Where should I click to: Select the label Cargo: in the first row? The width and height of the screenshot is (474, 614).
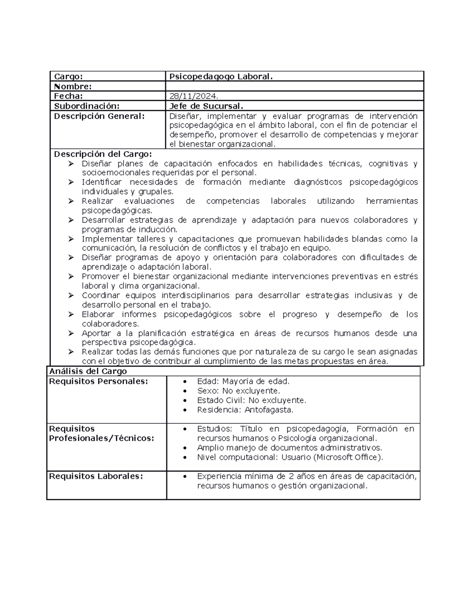click(68, 77)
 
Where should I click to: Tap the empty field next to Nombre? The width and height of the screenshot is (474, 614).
click(294, 86)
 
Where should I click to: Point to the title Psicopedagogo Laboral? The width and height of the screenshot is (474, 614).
click(221, 77)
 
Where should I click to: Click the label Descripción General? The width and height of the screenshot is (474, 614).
click(99, 116)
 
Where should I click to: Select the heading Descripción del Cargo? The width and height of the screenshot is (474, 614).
click(103, 154)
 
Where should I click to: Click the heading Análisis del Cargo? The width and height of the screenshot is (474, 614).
click(88, 371)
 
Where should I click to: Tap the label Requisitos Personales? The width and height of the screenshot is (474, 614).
click(98, 381)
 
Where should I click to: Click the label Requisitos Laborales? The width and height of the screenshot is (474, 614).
click(96, 476)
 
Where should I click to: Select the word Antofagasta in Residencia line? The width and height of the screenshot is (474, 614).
click(269, 410)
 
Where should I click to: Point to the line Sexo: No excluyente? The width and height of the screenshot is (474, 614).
click(238, 391)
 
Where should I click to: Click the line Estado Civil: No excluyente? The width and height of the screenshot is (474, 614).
click(251, 400)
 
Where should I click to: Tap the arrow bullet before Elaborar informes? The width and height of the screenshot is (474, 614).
click(71, 314)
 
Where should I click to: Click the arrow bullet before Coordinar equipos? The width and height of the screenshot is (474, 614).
click(71, 295)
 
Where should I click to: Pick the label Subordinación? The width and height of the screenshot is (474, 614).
click(87, 106)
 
